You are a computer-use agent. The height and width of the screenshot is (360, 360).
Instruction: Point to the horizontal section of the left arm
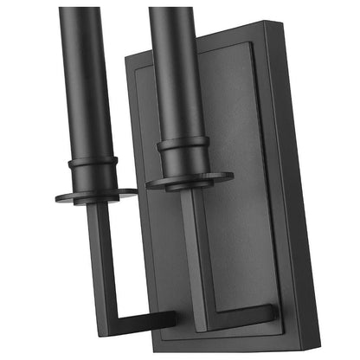[138, 320]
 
